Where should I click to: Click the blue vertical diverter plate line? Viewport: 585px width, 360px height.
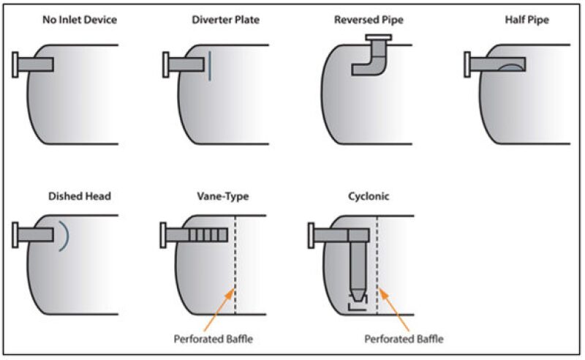click(210, 64)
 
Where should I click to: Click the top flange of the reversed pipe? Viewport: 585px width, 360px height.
click(377, 37)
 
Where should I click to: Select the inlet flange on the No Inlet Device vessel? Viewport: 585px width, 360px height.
click(16, 64)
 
